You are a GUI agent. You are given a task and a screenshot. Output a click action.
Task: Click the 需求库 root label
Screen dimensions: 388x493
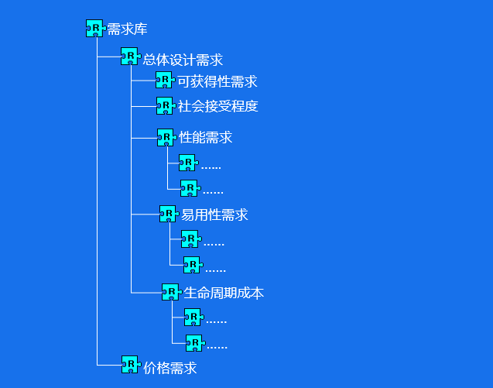[x=127, y=29]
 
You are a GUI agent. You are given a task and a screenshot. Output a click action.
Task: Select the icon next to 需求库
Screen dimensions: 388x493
[x=94, y=29]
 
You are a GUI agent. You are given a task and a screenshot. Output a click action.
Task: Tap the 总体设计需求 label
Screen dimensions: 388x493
[x=183, y=59]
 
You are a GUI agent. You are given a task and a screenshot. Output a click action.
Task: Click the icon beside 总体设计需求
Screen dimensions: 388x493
[x=129, y=57]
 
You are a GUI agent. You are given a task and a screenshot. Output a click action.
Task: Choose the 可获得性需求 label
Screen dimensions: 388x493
[x=217, y=81]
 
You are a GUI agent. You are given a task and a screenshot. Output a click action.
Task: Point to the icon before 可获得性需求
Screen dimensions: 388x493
[x=163, y=80]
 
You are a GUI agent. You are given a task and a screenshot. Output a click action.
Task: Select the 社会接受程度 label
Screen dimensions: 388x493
[x=218, y=106]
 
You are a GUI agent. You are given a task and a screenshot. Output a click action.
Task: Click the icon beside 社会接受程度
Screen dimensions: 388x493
[x=165, y=105]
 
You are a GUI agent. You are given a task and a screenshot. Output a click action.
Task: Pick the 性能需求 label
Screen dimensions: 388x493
[x=206, y=138]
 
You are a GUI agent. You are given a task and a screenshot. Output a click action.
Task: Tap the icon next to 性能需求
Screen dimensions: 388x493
[x=165, y=137]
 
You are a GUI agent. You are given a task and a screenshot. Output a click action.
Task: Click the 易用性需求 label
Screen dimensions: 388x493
[x=214, y=215]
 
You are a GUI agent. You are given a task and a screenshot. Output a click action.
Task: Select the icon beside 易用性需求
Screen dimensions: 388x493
[x=168, y=213]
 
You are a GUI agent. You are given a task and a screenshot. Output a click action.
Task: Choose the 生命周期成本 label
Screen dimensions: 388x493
[x=224, y=293]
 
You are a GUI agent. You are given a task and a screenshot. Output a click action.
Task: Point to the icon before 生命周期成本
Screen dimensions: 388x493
[x=170, y=292]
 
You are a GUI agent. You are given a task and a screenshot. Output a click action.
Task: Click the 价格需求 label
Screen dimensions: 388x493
[x=170, y=368]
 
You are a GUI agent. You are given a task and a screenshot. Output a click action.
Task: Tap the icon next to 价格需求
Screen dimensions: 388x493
[x=130, y=365]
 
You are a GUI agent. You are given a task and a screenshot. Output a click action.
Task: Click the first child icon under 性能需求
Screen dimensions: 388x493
[x=187, y=163]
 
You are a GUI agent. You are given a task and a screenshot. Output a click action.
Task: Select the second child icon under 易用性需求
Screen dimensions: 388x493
[x=191, y=265]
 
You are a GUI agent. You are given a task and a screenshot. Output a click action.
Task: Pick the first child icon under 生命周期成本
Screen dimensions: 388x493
[x=193, y=317]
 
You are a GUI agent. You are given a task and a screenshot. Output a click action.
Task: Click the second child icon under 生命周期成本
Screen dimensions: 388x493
[x=193, y=343]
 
